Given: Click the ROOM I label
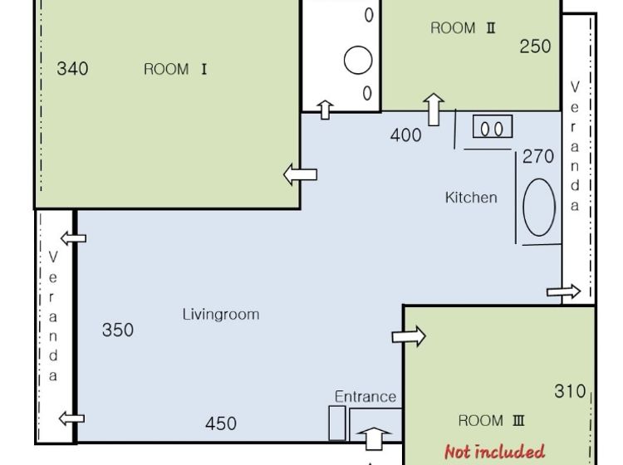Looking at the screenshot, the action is [175, 69].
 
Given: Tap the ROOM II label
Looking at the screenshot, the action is [463, 27].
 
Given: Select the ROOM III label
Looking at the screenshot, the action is [492, 420].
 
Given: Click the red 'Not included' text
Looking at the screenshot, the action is [494, 452].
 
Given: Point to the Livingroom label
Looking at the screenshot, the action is [221, 314].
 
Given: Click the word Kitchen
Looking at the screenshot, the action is [471, 198].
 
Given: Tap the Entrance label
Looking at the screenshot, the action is [365, 396].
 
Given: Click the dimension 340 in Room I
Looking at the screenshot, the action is [72, 69].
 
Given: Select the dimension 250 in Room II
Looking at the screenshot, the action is [535, 46].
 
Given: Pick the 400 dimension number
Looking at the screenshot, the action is [405, 135].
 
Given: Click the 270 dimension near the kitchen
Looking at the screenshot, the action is [538, 156].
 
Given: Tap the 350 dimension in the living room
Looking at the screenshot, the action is [118, 330].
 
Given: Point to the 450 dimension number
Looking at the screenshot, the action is [221, 423].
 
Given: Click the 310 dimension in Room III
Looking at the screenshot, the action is [570, 392].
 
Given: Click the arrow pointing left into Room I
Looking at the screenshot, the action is [301, 174].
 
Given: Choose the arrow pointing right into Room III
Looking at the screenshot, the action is [409, 336].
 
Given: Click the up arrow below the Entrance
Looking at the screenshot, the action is [374, 438].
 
